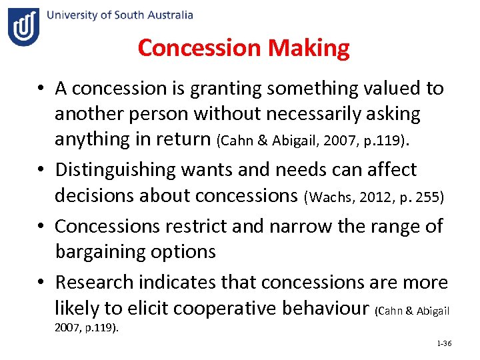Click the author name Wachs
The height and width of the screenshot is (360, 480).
coord(325,199)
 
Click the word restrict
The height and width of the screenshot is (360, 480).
coord(195,226)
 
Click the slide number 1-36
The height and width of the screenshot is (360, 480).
coord(444,343)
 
